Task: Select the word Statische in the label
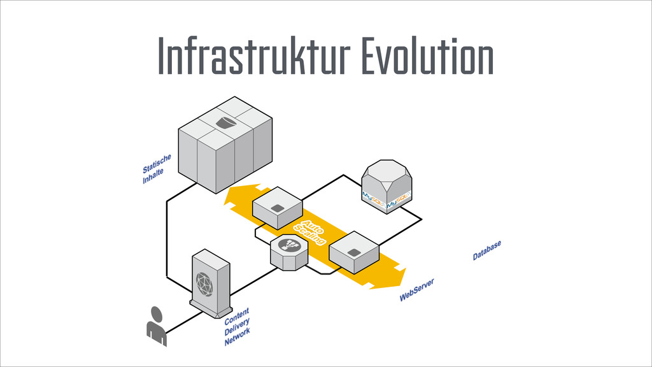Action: click(157, 164)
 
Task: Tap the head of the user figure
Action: click(157, 313)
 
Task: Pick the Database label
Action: click(486, 250)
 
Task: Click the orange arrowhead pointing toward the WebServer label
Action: click(398, 277)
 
